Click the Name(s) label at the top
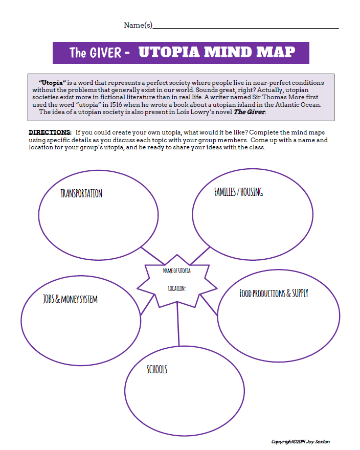click(x=138, y=25)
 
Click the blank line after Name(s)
click(x=246, y=28)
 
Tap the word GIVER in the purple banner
click(x=106, y=53)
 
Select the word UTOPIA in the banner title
click(x=169, y=52)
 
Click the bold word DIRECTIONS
click(x=50, y=132)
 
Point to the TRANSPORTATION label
click(x=81, y=193)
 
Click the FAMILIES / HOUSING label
click(x=239, y=192)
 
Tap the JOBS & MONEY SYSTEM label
click(x=71, y=299)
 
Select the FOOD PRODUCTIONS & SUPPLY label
click(x=274, y=293)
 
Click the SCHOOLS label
click(x=157, y=369)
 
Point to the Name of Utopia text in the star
click(x=177, y=271)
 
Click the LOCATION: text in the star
click(x=177, y=288)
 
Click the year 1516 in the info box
click(x=116, y=104)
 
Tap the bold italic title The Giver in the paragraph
click(x=250, y=112)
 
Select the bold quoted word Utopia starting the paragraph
click(x=53, y=83)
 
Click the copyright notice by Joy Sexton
click(x=301, y=442)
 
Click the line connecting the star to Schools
click(x=178, y=324)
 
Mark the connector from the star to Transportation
click(x=153, y=255)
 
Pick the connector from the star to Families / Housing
click(x=200, y=255)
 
